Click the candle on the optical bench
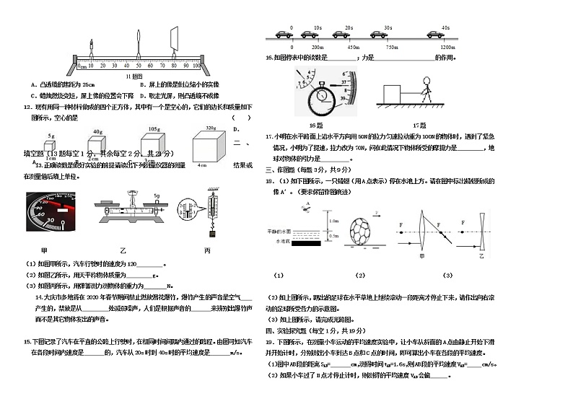92,48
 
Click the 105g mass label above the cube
154,128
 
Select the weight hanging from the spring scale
212,232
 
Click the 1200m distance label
447,47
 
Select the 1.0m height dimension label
333,221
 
